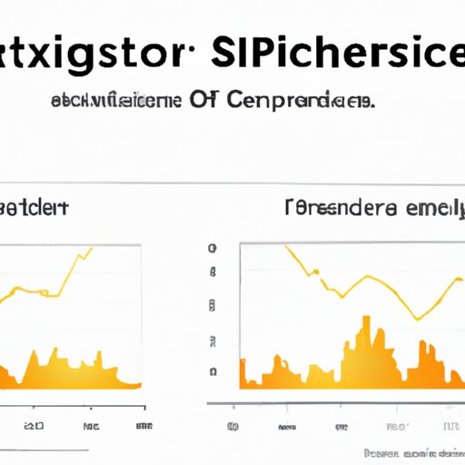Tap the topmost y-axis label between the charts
pos(213,248)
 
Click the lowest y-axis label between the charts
pos(213,371)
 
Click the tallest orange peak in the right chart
pos(366,320)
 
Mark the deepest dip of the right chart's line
pos(417,319)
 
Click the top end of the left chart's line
pos(91,248)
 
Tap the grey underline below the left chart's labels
pos(45,447)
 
